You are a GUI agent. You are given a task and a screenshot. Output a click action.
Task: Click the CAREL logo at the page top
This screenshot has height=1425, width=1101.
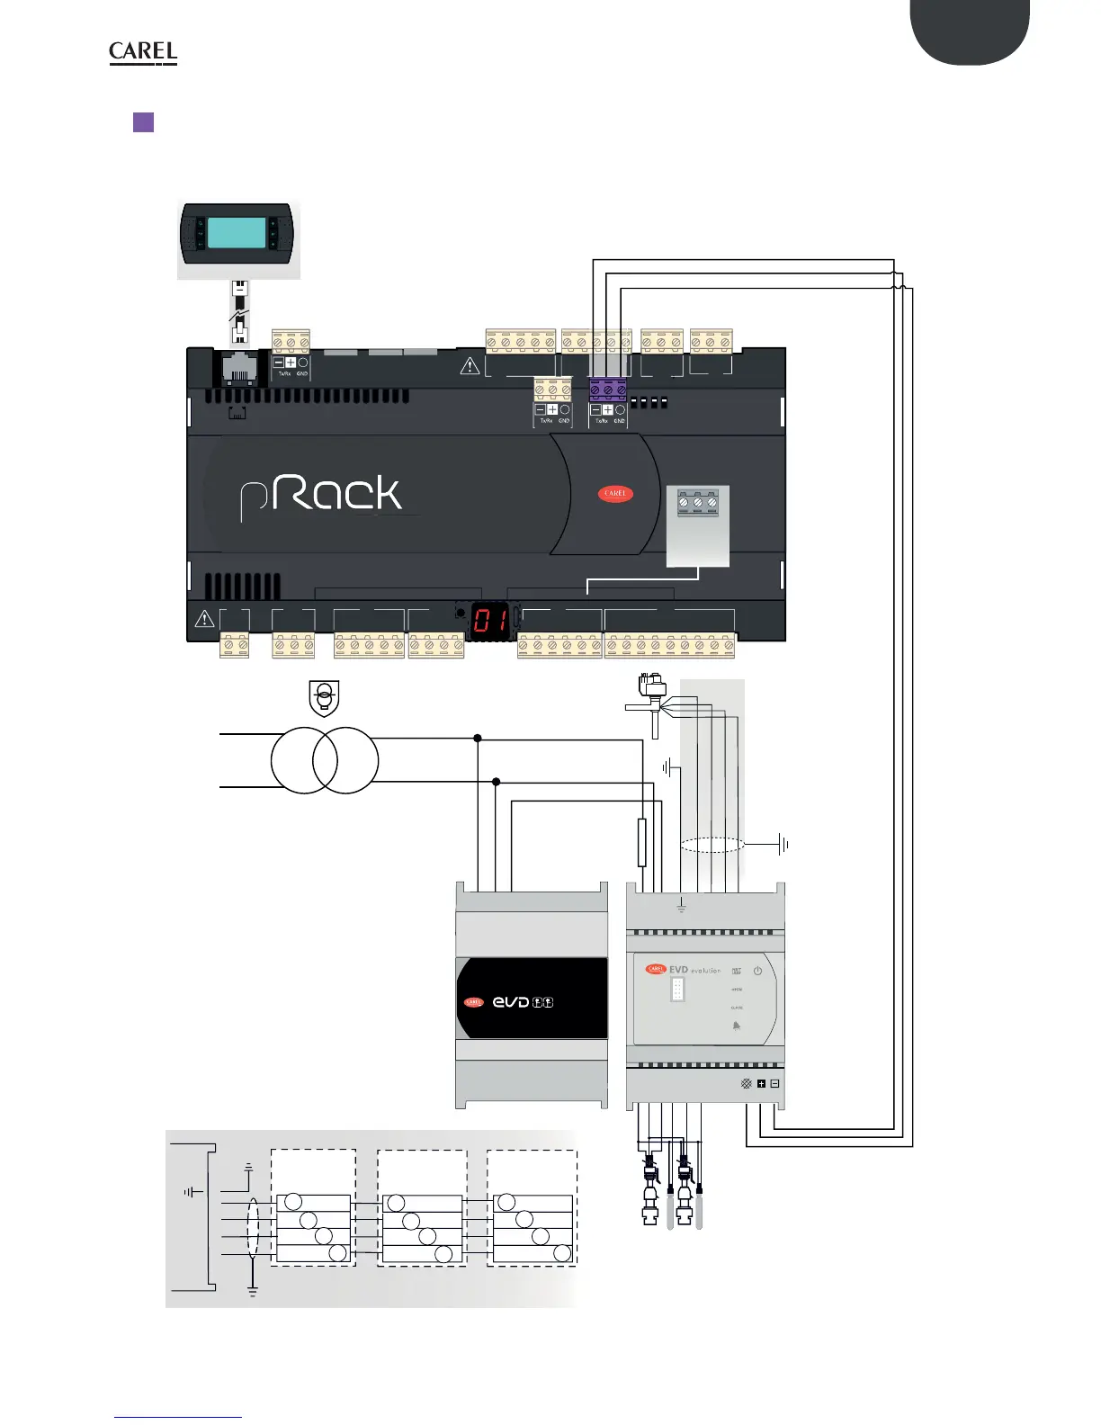coord(143,53)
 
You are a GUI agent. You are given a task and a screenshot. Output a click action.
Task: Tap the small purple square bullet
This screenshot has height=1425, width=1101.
coord(143,122)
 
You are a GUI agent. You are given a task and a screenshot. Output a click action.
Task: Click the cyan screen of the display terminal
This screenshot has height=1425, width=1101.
coord(237,233)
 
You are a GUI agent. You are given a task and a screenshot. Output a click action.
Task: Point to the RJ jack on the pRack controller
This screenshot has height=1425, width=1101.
coord(238,369)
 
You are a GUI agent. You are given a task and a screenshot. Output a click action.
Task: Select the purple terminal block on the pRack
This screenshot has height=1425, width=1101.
coord(608,390)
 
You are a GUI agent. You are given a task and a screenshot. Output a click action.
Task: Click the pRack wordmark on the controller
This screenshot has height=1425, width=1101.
coord(321,496)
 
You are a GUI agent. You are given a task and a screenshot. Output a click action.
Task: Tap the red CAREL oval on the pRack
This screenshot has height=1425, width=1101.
coord(615,494)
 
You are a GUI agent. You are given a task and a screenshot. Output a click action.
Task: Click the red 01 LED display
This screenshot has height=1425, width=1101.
coord(490,621)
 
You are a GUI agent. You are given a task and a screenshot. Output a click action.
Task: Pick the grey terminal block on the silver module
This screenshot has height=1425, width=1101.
coord(697,503)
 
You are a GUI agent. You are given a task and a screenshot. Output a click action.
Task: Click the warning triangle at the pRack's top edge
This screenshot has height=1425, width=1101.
coord(470,366)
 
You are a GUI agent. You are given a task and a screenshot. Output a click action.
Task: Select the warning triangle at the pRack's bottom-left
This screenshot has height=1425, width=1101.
coord(204,619)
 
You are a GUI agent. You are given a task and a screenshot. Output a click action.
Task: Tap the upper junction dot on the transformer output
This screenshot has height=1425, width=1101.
coord(478,739)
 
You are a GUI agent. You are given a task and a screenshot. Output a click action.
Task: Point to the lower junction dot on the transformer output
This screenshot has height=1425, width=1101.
coord(496,783)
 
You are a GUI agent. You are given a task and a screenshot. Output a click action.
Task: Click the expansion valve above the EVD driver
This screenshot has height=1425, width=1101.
coord(649,699)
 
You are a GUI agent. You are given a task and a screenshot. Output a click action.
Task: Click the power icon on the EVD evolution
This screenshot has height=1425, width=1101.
coord(757,972)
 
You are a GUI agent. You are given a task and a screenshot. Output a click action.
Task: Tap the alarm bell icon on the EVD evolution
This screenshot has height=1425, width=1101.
coord(737,1026)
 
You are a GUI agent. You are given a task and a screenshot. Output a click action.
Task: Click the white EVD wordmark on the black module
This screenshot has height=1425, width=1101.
coord(512,1002)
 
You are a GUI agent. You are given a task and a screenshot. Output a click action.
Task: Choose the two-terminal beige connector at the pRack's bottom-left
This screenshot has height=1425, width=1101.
coord(234,645)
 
